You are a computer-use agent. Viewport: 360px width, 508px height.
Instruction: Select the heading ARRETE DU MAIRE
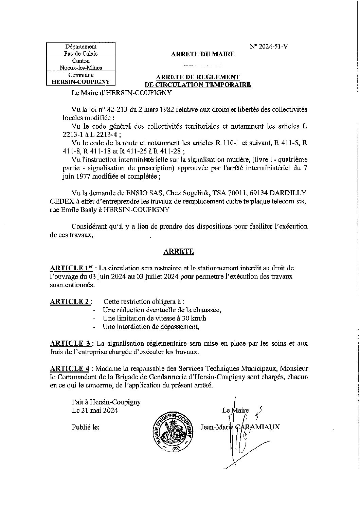click(x=202, y=54)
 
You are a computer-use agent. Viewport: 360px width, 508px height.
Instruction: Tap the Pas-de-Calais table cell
click(x=81, y=54)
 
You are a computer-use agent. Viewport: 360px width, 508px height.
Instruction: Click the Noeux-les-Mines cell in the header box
click(x=81, y=68)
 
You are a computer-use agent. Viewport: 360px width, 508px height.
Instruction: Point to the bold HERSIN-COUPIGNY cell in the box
click(x=80, y=81)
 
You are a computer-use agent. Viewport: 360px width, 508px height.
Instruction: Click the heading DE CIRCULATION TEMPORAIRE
click(x=198, y=85)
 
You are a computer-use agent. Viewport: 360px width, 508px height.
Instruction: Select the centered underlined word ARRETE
click(x=179, y=251)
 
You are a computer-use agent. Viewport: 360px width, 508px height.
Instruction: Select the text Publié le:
click(x=86, y=427)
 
